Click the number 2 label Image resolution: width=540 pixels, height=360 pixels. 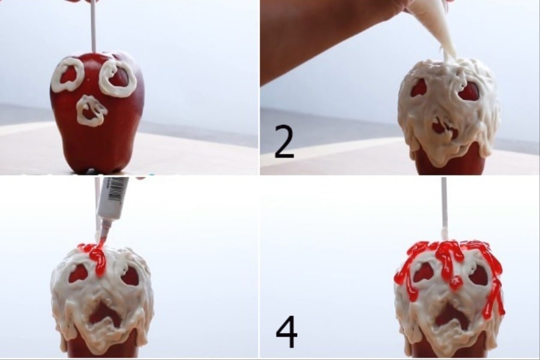[284, 142]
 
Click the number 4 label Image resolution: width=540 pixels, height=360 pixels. [287, 331]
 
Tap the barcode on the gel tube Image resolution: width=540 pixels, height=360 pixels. [116, 189]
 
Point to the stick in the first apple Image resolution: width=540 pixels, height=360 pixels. [92, 26]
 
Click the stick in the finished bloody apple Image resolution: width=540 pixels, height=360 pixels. [444, 208]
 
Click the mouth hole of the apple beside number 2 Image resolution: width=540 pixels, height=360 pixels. [445, 127]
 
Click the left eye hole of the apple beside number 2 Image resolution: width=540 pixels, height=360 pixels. [418, 88]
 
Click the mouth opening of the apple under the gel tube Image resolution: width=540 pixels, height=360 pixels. [104, 315]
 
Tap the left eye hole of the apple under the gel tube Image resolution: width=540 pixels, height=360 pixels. [78, 273]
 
